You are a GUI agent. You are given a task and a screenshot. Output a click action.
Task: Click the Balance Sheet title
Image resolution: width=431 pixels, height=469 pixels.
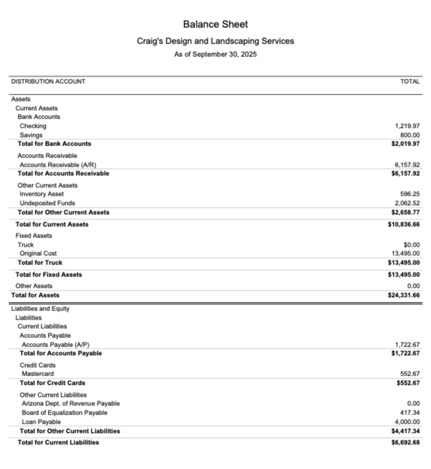click(215, 24)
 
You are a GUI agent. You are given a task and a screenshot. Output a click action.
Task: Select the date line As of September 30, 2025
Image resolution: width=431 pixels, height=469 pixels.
click(215, 55)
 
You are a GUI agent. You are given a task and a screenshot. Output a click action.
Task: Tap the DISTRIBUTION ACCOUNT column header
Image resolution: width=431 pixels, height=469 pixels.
click(48, 82)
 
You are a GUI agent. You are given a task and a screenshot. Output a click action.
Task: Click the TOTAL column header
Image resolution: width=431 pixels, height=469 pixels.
click(410, 82)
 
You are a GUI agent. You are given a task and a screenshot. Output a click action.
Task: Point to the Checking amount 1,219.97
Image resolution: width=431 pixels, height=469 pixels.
click(407, 126)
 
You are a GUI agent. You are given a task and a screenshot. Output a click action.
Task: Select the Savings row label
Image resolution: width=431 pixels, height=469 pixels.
click(31, 135)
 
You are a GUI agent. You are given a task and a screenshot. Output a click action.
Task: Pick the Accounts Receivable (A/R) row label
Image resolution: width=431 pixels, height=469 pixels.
click(58, 165)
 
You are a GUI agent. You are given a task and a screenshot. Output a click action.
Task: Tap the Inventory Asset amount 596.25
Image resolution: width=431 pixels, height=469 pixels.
click(410, 194)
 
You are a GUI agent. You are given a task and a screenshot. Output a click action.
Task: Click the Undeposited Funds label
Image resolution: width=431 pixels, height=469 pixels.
click(47, 203)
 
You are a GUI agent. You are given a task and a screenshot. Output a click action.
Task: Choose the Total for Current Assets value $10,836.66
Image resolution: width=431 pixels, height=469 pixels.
click(404, 224)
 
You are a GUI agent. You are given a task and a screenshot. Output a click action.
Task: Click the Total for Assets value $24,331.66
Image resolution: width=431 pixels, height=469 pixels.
click(404, 295)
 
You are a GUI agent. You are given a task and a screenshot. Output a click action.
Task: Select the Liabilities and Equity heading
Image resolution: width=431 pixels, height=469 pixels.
click(40, 309)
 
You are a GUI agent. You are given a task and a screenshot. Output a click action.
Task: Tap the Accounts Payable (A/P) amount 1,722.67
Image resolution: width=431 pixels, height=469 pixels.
click(407, 345)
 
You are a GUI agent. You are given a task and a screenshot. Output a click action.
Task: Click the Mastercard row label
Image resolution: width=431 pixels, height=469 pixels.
click(38, 374)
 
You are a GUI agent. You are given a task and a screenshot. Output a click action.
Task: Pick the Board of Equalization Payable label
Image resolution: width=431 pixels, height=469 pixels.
click(64, 413)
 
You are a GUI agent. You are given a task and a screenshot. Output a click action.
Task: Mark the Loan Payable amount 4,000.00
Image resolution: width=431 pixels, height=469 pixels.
click(407, 422)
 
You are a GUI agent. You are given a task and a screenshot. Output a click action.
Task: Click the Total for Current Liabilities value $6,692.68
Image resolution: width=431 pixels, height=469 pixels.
click(406, 442)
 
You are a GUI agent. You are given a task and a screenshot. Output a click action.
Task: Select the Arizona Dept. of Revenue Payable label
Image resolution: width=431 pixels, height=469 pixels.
click(71, 404)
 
